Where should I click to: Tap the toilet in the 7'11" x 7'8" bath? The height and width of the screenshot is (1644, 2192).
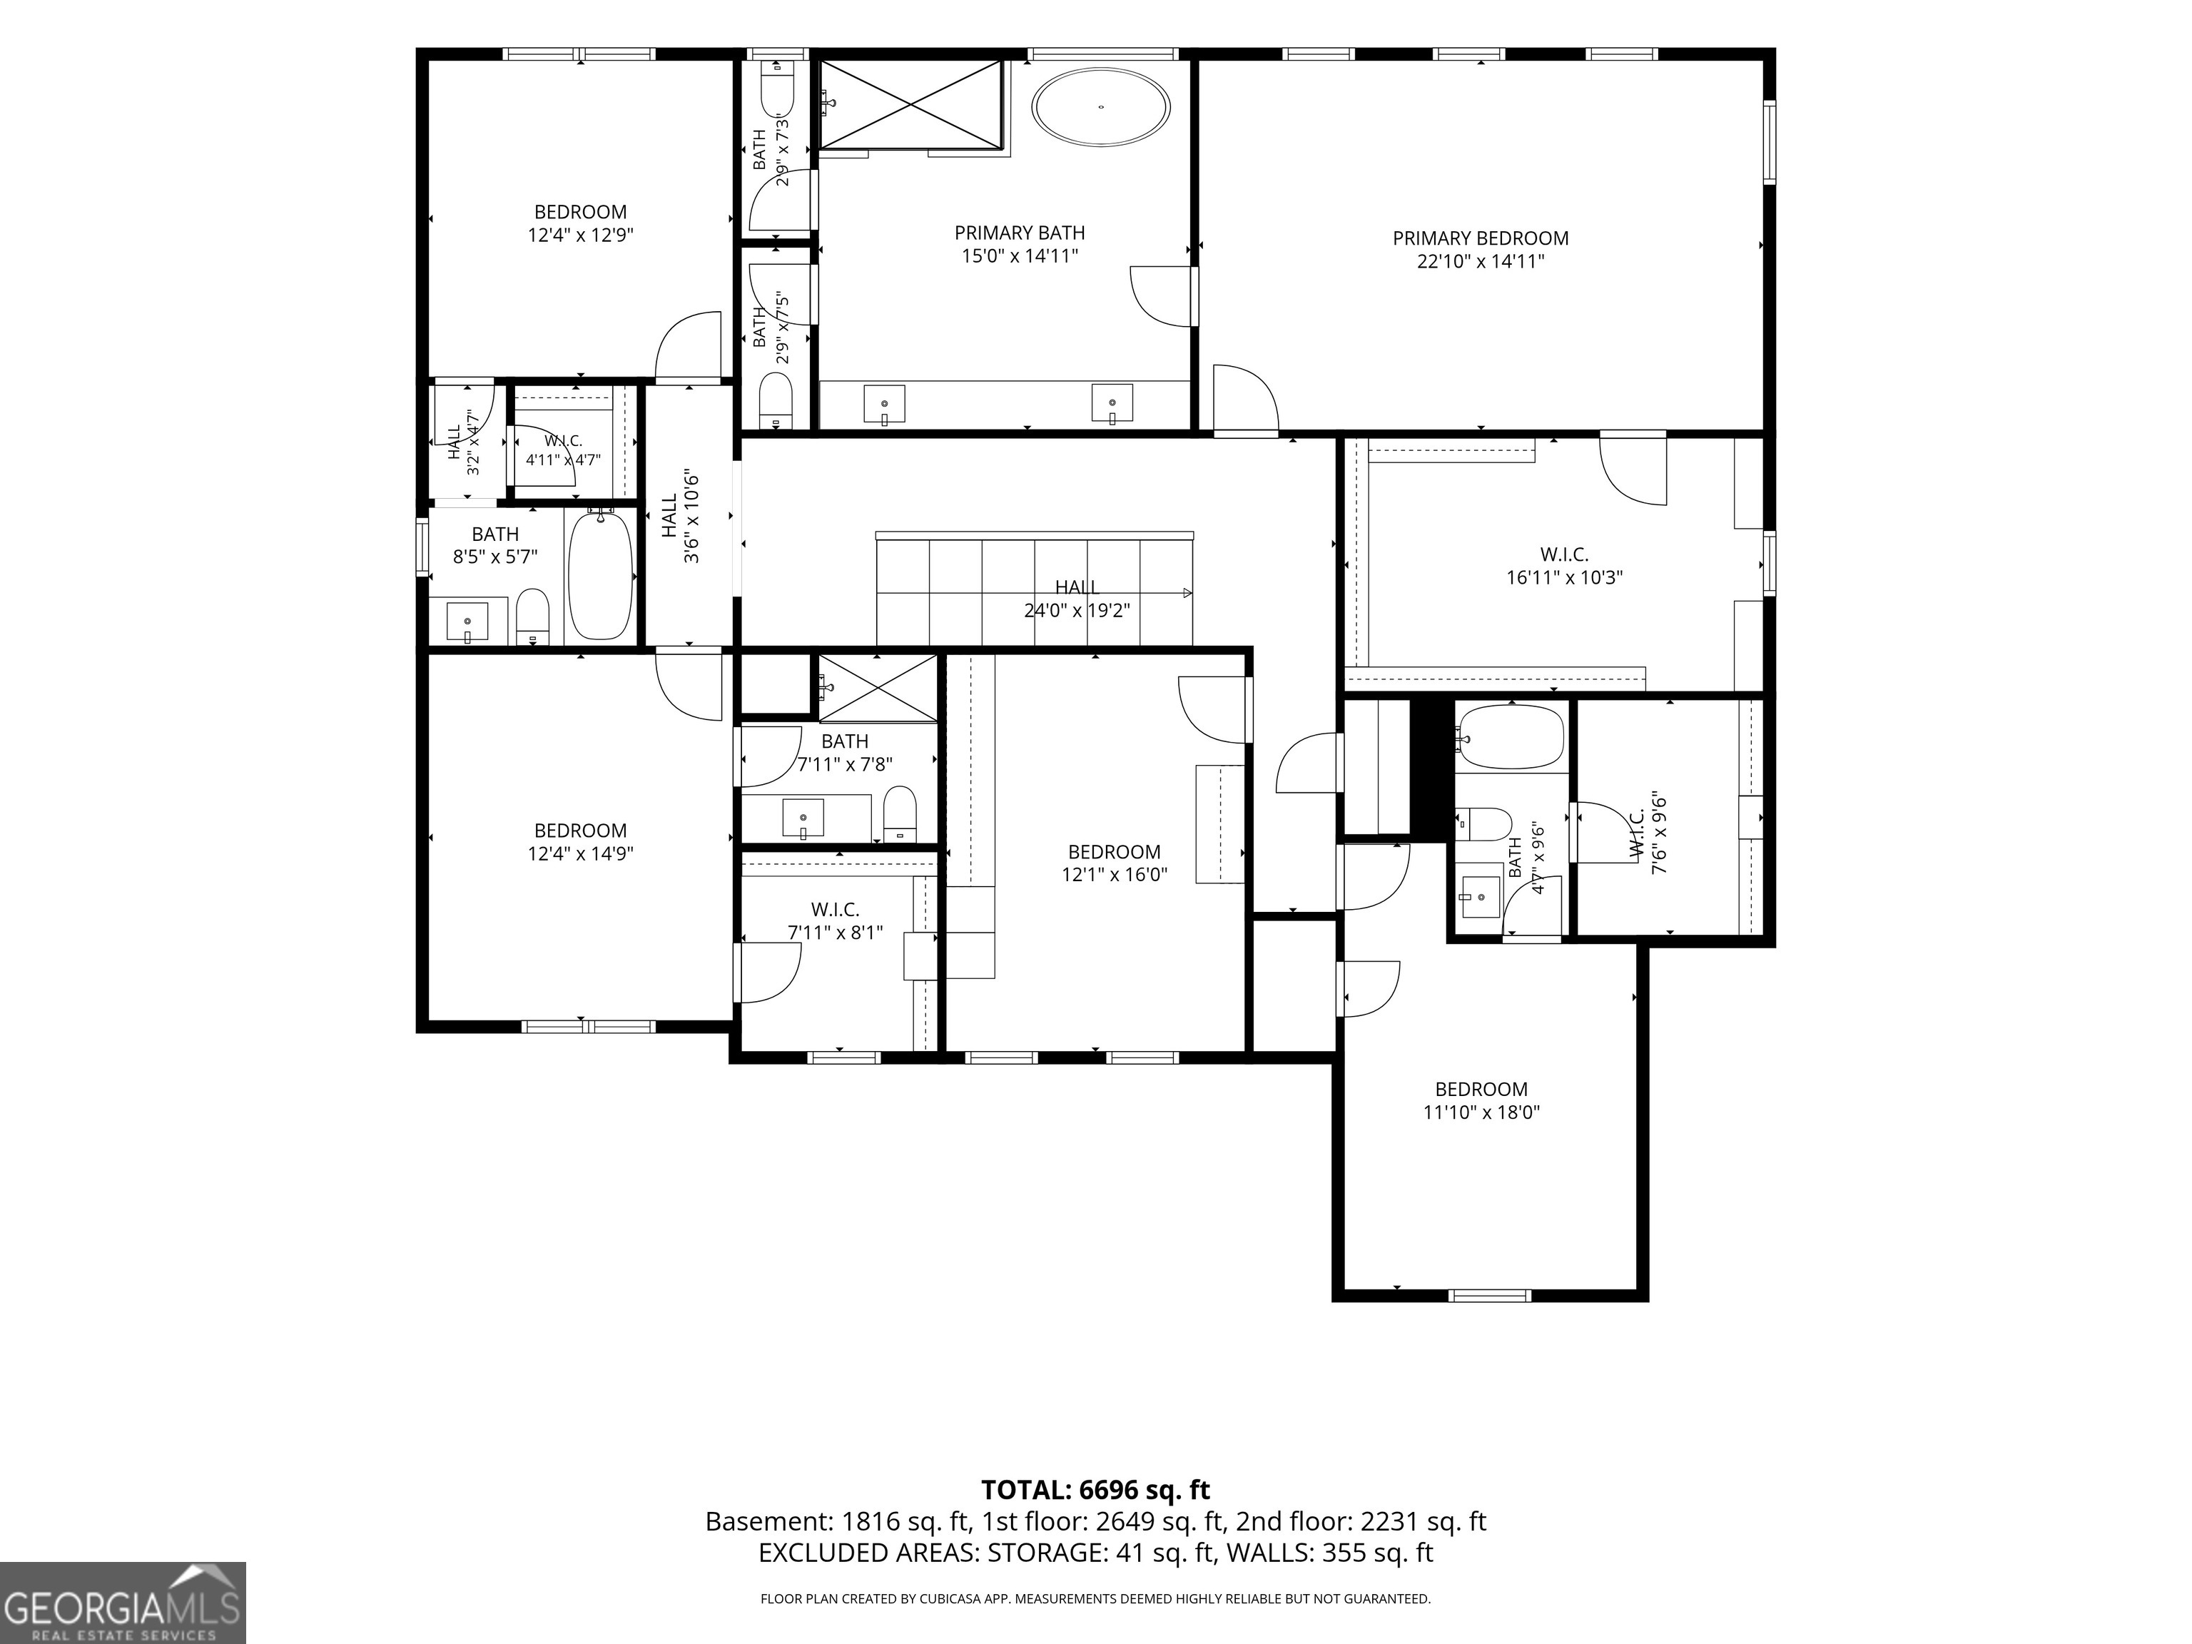coord(900,813)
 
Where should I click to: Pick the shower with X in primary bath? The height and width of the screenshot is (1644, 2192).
coord(910,104)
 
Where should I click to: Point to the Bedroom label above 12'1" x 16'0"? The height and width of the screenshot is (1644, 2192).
coord(1115,852)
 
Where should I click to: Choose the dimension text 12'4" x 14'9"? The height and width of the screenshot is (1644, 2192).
coord(581,854)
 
